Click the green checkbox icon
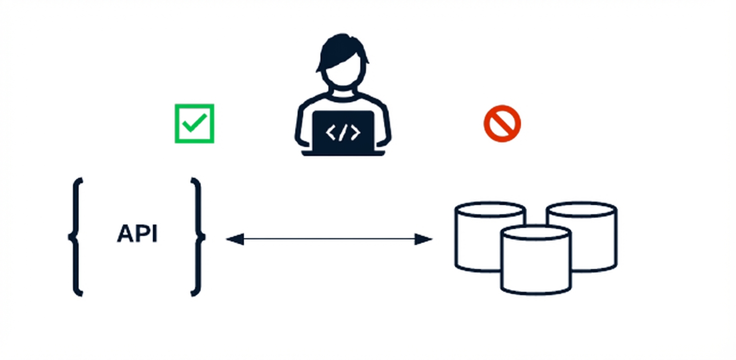tap(194, 123)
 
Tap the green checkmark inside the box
tap(194, 122)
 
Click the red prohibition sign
tap(502, 123)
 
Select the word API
tap(137, 234)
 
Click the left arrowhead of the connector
tap(234, 239)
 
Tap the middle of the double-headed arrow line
tap(329, 239)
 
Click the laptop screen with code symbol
tap(343, 131)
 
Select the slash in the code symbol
tap(343, 132)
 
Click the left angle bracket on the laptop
tap(330, 132)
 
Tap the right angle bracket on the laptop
tap(355, 132)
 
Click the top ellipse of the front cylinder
tap(535, 233)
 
